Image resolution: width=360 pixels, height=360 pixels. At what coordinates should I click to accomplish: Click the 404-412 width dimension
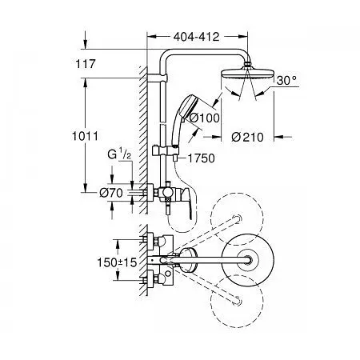click(196, 37)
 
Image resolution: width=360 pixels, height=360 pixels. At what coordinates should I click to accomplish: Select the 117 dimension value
click(86, 64)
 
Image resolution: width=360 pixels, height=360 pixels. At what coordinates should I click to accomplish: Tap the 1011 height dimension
click(85, 136)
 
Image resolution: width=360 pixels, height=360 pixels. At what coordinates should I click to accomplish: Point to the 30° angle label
click(286, 80)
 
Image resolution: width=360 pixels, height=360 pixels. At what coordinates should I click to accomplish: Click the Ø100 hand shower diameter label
click(204, 118)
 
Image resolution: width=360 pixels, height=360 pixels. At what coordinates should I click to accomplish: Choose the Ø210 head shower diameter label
click(247, 137)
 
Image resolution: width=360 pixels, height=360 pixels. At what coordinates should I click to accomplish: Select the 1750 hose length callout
click(202, 158)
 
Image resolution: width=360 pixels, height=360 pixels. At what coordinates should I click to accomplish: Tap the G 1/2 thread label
click(119, 154)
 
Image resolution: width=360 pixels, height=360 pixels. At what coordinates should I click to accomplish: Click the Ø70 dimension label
click(111, 193)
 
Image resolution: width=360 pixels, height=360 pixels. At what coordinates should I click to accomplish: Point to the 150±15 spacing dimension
click(117, 262)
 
